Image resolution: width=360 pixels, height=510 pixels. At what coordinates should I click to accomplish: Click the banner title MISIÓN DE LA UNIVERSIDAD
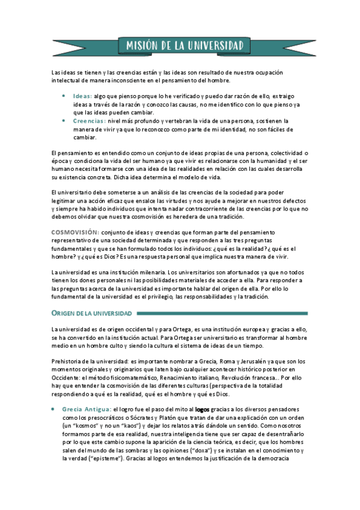[x=185, y=46]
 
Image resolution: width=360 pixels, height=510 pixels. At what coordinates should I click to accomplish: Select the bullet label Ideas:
[x=82, y=96]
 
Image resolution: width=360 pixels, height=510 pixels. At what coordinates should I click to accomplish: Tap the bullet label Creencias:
[x=90, y=121]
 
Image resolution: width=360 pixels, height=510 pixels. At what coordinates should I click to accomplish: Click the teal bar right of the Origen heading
[x=222, y=313]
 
